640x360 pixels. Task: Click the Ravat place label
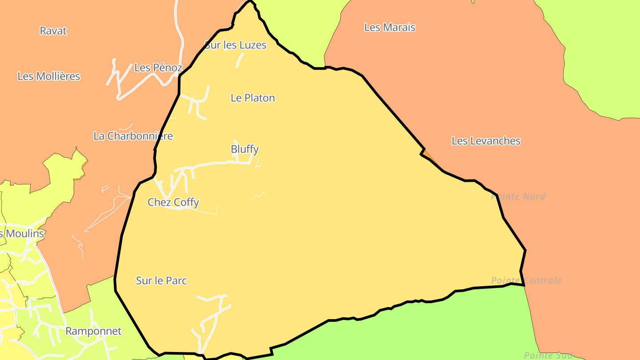53,31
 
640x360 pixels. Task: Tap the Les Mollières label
49,76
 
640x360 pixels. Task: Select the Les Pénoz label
158,68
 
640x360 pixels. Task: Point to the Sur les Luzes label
236,45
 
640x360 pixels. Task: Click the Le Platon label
253,98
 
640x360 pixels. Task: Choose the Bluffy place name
244,149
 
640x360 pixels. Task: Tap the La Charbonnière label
133,136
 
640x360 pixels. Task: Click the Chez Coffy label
173,203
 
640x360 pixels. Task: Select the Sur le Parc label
161,281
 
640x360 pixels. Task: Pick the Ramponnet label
93,332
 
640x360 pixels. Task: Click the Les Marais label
390,28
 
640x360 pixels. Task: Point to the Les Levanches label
486,141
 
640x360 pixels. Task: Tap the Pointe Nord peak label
518,196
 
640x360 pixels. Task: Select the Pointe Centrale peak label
526,281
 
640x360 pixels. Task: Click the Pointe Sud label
548,356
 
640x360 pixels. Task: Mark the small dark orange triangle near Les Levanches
428,155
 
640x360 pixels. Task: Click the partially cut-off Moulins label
22,234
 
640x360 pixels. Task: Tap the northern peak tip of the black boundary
250,1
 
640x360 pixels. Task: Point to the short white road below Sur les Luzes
240,60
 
